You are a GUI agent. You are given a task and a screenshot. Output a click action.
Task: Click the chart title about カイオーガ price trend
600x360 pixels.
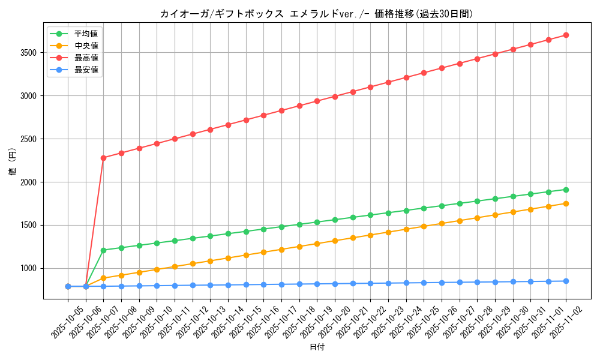click(x=312, y=14)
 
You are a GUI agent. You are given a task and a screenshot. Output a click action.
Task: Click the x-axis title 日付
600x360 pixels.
click(x=317, y=347)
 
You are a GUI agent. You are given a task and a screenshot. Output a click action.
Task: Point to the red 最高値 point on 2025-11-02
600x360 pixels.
click(x=566, y=35)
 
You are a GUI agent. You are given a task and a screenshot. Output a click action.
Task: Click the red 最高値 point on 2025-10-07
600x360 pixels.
click(x=103, y=158)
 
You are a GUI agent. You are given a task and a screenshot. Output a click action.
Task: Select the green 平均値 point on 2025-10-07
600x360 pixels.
click(x=103, y=250)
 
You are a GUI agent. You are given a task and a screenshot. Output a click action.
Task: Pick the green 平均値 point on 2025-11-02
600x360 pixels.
click(x=566, y=190)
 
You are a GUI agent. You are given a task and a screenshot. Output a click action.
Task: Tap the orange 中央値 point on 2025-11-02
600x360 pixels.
click(x=566, y=203)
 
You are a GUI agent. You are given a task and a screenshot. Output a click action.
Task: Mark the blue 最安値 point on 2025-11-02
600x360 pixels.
click(x=566, y=281)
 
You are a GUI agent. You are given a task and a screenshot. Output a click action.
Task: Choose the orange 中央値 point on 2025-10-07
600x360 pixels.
click(x=103, y=278)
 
